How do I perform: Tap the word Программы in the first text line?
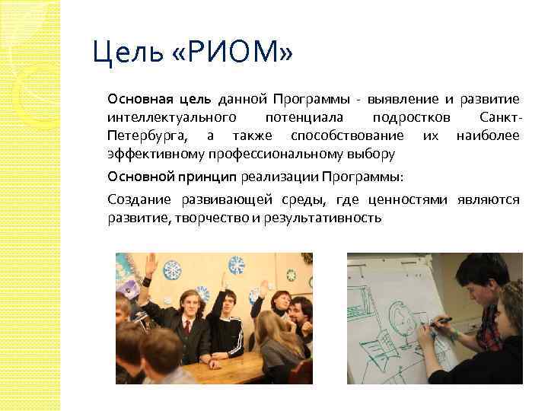pyautogui.click(x=313, y=99)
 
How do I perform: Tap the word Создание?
pyautogui.click(x=140, y=200)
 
